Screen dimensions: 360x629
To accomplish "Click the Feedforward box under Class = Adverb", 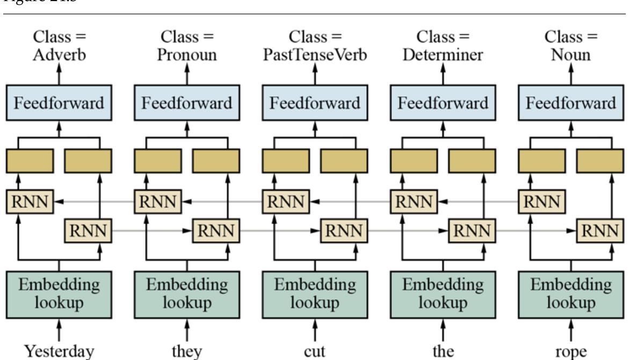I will click(59, 103).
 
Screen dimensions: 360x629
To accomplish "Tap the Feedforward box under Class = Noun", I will click(570, 103).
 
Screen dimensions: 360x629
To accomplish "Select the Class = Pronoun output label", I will click(187, 47).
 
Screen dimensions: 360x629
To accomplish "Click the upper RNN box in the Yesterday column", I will click(30, 202).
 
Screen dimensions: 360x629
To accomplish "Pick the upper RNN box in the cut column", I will click(286, 202).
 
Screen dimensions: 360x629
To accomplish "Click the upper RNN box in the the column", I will click(414, 202).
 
